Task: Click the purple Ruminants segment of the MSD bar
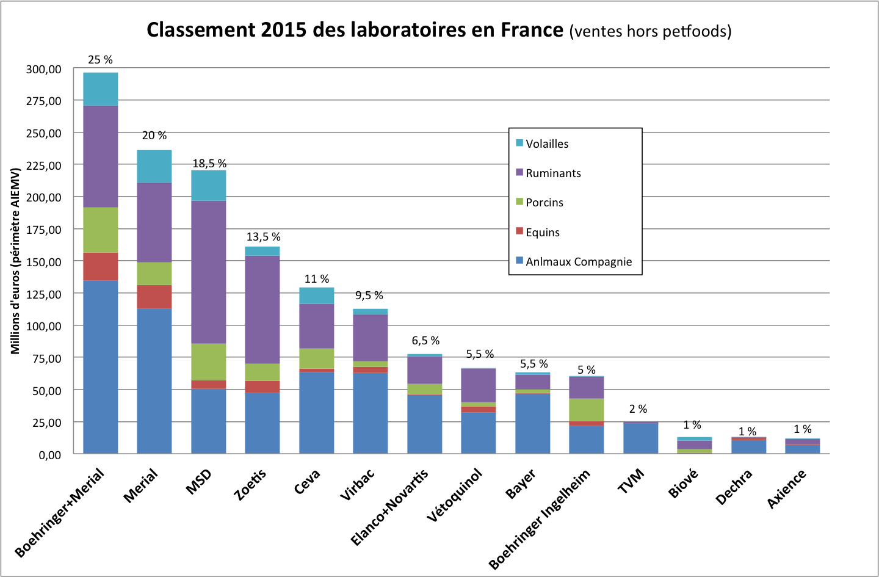pos(209,272)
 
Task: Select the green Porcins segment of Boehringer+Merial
pos(101,230)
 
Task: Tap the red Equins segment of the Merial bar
pos(154,297)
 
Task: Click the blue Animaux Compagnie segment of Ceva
pos(317,413)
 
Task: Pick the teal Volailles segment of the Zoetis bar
pos(262,251)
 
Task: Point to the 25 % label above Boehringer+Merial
pos(101,60)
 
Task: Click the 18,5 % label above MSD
pos(209,164)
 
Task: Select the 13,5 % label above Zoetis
pos(263,237)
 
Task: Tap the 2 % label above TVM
pos(638,409)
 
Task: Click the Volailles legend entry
pos(547,144)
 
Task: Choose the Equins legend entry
pos(543,233)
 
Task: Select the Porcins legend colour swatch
pos(519,201)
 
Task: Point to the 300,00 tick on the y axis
pos(44,70)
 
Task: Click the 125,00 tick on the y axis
pos(44,294)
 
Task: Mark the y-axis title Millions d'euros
pos(15,261)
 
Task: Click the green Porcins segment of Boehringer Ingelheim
pos(587,410)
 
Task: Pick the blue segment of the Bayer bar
pos(533,424)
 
